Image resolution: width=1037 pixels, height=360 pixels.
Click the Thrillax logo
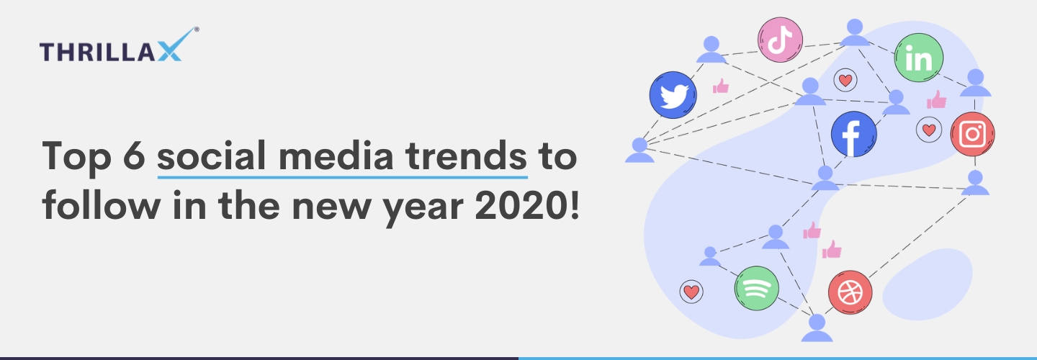(120, 45)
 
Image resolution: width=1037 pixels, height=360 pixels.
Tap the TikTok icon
(780, 40)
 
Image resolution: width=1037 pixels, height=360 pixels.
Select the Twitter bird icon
(673, 95)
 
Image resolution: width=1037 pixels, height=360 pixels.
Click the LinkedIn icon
(918, 58)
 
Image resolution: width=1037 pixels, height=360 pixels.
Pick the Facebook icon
(853, 134)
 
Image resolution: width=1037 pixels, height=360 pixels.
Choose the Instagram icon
(973, 134)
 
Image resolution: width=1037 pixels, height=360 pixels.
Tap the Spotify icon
(756, 288)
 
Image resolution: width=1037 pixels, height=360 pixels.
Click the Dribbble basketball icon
(850, 293)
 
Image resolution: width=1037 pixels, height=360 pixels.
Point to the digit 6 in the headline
(134, 156)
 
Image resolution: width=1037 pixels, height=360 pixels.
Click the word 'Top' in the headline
(77, 158)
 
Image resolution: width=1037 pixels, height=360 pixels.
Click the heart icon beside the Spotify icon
(691, 292)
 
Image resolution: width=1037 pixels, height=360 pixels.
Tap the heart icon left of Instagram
(929, 130)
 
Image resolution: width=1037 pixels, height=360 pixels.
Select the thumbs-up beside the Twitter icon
(721, 86)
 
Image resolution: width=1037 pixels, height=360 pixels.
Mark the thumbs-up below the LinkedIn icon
(936, 99)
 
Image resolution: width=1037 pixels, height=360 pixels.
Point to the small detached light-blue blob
(928, 284)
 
